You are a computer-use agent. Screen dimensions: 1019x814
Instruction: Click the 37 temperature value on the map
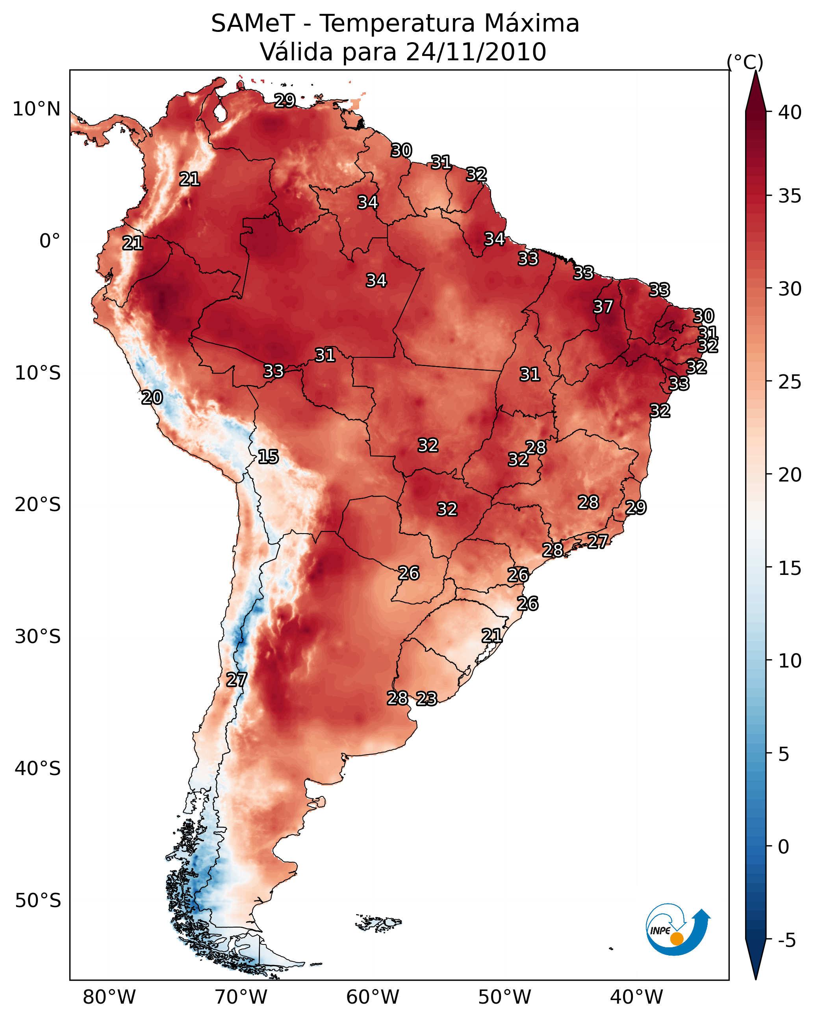603,307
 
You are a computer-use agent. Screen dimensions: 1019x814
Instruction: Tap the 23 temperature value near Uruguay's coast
426,699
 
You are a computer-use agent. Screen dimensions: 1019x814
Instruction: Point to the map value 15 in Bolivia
268,457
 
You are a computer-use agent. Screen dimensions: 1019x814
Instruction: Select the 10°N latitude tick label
36,109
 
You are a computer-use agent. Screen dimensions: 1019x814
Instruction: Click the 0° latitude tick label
50,241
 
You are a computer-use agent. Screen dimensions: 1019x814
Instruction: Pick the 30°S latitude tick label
37,637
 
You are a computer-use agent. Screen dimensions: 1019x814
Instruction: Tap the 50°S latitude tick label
37,900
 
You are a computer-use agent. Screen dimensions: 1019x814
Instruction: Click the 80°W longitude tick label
109,997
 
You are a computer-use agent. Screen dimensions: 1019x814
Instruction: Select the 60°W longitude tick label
373,997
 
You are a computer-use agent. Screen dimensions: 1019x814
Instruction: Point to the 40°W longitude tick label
636,997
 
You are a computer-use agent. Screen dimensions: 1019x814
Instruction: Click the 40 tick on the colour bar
790,112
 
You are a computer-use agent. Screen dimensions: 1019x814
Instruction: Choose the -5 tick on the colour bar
786,940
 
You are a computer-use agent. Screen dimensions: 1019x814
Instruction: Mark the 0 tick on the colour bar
783,846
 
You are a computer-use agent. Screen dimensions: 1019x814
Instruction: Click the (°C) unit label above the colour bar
745,62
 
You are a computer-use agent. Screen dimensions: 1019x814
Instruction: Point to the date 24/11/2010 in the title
476,52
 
